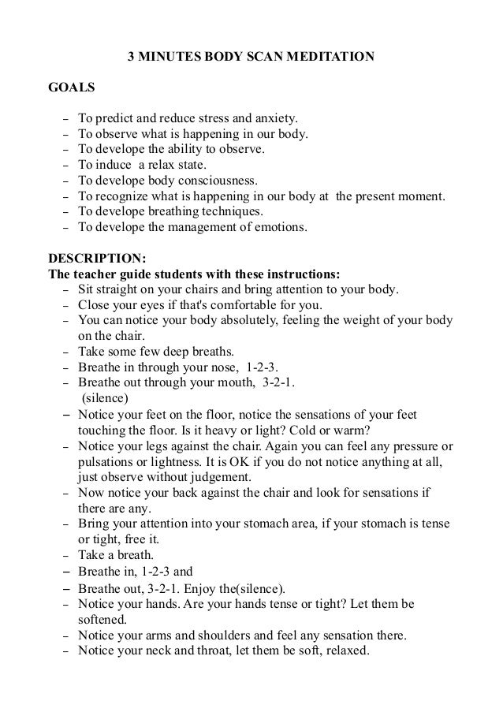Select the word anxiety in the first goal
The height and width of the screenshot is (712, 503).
[x=272, y=119]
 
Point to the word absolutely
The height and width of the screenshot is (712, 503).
[x=221, y=320]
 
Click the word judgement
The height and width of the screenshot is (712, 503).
[x=214, y=477]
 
